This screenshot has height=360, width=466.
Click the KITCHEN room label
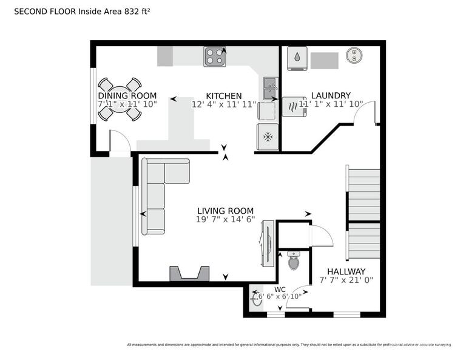click(x=224, y=96)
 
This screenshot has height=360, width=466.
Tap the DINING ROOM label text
click(x=127, y=96)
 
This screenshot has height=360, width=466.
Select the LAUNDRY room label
click(x=330, y=95)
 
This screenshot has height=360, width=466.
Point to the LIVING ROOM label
click(x=225, y=211)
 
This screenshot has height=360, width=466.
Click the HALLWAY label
click(x=346, y=271)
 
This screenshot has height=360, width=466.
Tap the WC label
click(x=280, y=289)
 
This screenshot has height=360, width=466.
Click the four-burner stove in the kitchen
click(x=215, y=56)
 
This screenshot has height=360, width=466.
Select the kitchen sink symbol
click(x=269, y=89)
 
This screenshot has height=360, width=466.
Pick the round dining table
click(x=120, y=99)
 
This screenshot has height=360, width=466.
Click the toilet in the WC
click(x=294, y=262)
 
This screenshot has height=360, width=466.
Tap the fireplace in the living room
click(x=189, y=274)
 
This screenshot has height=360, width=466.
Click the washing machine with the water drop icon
click(x=297, y=58)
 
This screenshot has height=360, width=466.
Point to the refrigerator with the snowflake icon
click(x=268, y=137)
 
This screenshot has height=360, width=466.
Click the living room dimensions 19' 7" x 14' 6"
click(x=226, y=220)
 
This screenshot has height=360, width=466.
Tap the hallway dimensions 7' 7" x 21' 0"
click(x=346, y=280)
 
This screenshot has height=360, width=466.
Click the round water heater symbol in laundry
click(x=353, y=56)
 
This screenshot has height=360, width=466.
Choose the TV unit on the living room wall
click(x=267, y=243)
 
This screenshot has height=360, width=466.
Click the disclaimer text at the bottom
click(x=289, y=345)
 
